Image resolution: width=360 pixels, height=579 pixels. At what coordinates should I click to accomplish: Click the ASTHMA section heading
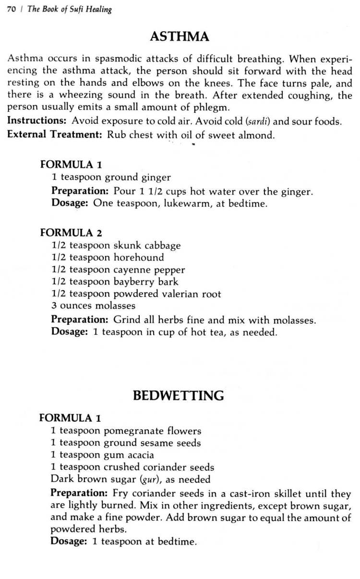click(180, 37)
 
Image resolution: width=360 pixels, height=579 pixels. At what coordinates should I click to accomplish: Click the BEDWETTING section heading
click(178, 395)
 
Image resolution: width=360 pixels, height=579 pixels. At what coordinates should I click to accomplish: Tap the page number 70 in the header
click(11, 10)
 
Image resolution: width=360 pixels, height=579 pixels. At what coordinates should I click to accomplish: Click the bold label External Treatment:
click(55, 134)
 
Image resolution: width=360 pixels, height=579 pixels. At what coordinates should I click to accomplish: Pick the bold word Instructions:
click(37, 121)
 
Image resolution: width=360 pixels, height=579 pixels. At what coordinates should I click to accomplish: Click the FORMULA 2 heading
click(71, 233)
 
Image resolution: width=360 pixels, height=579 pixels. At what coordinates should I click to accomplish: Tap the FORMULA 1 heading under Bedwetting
click(70, 418)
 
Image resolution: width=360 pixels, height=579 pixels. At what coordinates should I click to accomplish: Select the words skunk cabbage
click(147, 246)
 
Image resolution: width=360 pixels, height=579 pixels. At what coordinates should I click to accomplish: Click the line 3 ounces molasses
click(94, 306)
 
